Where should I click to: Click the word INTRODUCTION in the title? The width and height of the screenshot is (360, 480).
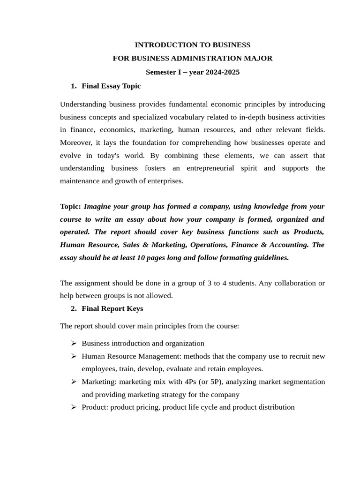coord(159,45)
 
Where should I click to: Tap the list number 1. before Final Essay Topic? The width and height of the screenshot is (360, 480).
coord(74,86)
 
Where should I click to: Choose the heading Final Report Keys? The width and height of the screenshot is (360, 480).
coord(112,308)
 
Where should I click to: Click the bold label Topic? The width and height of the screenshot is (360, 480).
coord(70,206)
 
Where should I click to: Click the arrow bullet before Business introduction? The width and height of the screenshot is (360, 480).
coord(74,343)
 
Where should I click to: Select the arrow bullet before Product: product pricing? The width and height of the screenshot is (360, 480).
coord(74,407)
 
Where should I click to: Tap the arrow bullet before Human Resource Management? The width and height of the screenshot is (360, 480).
coord(74,356)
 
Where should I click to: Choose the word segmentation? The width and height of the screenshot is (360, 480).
coord(302,382)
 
